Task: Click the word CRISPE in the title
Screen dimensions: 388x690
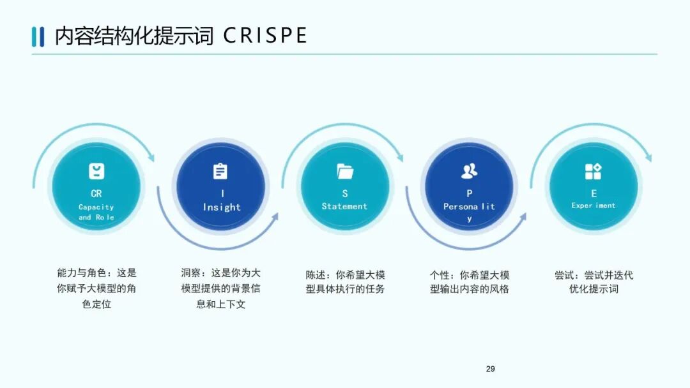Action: pyautogui.click(x=265, y=35)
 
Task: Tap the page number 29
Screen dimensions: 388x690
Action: pyautogui.click(x=491, y=369)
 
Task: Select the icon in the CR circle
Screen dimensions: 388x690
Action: pyautogui.click(x=96, y=171)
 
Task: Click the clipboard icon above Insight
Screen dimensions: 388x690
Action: pyautogui.click(x=220, y=171)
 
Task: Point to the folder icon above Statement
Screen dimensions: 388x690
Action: pyautogui.click(x=345, y=171)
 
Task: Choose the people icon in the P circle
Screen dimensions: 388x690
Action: pyautogui.click(x=469, y=171)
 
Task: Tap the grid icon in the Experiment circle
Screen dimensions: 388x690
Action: pyautogui.click(x=594, y=171)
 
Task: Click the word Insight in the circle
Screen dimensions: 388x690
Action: pyautogui.click(x=222, y=207)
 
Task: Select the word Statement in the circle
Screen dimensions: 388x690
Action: pyautogui.click(x=345, y=206)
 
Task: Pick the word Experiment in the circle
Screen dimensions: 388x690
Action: pyautogui.click(x=594, y=205)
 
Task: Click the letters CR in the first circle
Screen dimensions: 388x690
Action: pyautogui.click(x=96, y=193)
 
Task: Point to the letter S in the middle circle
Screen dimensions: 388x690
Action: pyautogui.click(x=345, y=193)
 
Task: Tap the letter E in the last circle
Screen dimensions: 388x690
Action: pyautogui.click(x=594, y=193)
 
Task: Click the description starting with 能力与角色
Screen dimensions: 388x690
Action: pyautogui.click(x=96, y=288)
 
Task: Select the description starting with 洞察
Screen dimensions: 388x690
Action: pyautogui.click(x=220, y=288)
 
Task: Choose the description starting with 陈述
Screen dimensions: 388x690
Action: pyautogui.click(x=345, y=281)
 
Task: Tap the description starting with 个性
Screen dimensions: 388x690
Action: pyautogui.click(x=469, y=281)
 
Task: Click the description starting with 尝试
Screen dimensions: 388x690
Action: pyautogui.click(x=594, y=281)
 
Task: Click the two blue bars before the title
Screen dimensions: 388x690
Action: pyautogui.click(x=38, y=36)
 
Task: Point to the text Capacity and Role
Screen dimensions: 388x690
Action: pyautogui.click(x=96, y=212)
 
